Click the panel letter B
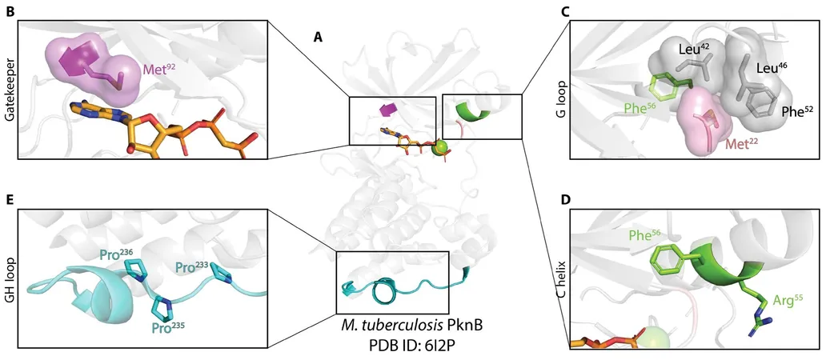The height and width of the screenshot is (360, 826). [x=9, y=12]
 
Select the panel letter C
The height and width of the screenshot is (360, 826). [x=567, y=12]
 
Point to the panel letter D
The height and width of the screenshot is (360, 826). [x=567, y=201]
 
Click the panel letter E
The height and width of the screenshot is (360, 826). [x=9, y=201]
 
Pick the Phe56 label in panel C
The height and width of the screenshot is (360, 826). [x=641, y=109]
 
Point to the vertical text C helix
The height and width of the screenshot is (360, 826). [x=566, y=278]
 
